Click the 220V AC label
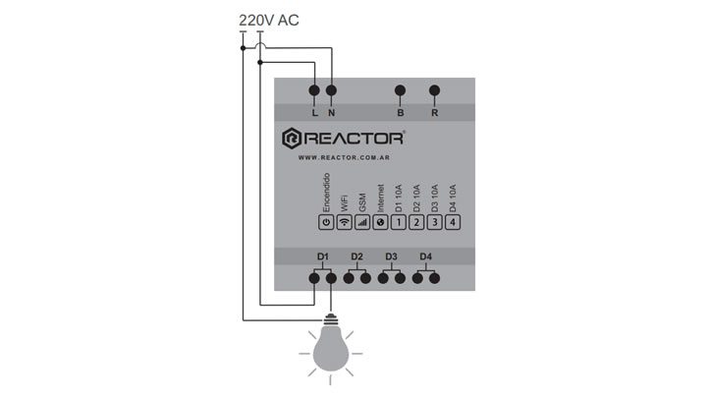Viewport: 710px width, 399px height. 269,20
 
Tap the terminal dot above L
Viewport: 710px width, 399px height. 314,90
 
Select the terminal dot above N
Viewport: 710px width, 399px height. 332,90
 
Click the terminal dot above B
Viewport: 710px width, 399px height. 400,90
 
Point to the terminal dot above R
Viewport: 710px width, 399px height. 434,90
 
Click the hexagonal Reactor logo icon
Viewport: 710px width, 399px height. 292,139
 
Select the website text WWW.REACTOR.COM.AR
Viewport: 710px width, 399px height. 344,157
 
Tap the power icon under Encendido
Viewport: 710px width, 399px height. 326,222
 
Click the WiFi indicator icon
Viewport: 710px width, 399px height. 344,222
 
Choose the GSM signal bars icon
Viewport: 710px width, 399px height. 362,222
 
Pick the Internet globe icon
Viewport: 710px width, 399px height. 380,222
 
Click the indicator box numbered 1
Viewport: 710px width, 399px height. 399,222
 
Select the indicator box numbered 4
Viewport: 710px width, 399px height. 453,222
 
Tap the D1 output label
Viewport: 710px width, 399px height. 322,256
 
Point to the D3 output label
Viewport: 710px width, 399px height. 391,256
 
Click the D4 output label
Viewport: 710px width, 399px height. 425,256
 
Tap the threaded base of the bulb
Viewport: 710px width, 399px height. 331,319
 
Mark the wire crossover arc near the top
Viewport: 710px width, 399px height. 260,45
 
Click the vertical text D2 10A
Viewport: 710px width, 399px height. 416,199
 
